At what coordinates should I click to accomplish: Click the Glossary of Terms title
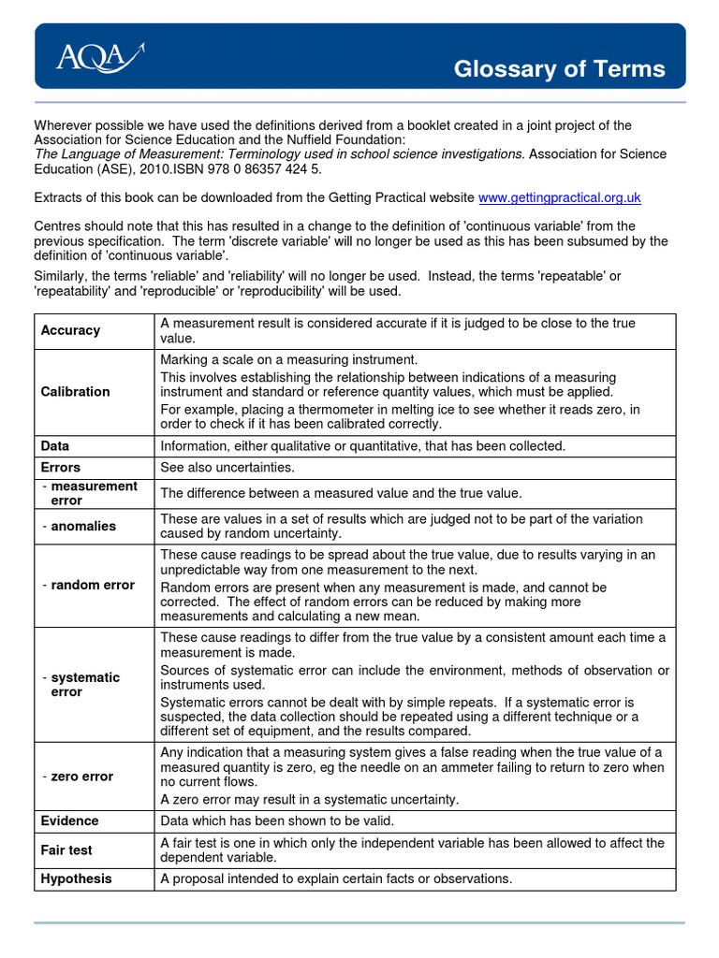[x=559, y=69]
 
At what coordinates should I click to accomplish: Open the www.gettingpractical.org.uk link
[x=559, y=197]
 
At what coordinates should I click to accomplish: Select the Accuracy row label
[x=70, y=330]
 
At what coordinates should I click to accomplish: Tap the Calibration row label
[x=75, y=391]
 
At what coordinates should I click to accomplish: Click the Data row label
[x=55, y=446]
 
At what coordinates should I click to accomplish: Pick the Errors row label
[x=61, y=467]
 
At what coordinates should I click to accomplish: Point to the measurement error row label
[x=90, y=493]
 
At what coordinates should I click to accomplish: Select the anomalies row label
[x=80, y=526]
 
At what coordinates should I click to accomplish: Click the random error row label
[x=88, y=585]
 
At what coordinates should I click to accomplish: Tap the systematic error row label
[x=81, y=685]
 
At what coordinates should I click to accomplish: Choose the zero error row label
[x=78, y=776]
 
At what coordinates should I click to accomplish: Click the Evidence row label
[x=69, y=820]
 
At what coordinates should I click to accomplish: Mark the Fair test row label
[x=66, y=850]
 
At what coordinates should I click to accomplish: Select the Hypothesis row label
[x=76, y=878]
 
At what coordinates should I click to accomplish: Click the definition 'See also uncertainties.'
[x=227, y=467]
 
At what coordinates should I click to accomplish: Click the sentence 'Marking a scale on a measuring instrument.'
[x=288, y=359]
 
